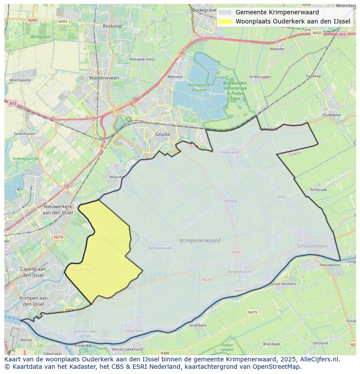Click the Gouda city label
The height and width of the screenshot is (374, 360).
pyautogui.click(x=163, y=134)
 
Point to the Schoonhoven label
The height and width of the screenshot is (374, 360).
pyautogui.click(x=311, y=246)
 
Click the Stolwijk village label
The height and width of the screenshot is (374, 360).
pyautogui.click(x=230, y=201)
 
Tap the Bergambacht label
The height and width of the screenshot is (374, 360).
pyautogui.click(x=239, y=271)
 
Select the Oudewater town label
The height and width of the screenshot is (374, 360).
pyautogui.click(x=332, y=115)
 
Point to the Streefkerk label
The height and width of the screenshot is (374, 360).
pyautogui.click(x=197, y=325)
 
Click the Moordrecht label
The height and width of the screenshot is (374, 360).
pyautogui.click(x=120, y=177)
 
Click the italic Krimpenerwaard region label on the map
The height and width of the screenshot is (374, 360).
pyautogui.click(x=200, y=240)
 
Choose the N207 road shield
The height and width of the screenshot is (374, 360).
pyautogui.click(x=236, y=252)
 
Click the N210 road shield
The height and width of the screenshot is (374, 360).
pyautogui.click(x=207, y=279)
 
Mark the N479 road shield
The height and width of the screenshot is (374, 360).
pyautogui.click(x=253, y=312)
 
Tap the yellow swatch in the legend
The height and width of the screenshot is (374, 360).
pyautogui.click(x=225, y=21)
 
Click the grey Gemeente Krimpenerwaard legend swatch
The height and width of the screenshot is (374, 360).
pyautogui.click(x=225, y=12)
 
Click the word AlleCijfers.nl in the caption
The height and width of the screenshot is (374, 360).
pyautogui.click(x=321, y=359)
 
